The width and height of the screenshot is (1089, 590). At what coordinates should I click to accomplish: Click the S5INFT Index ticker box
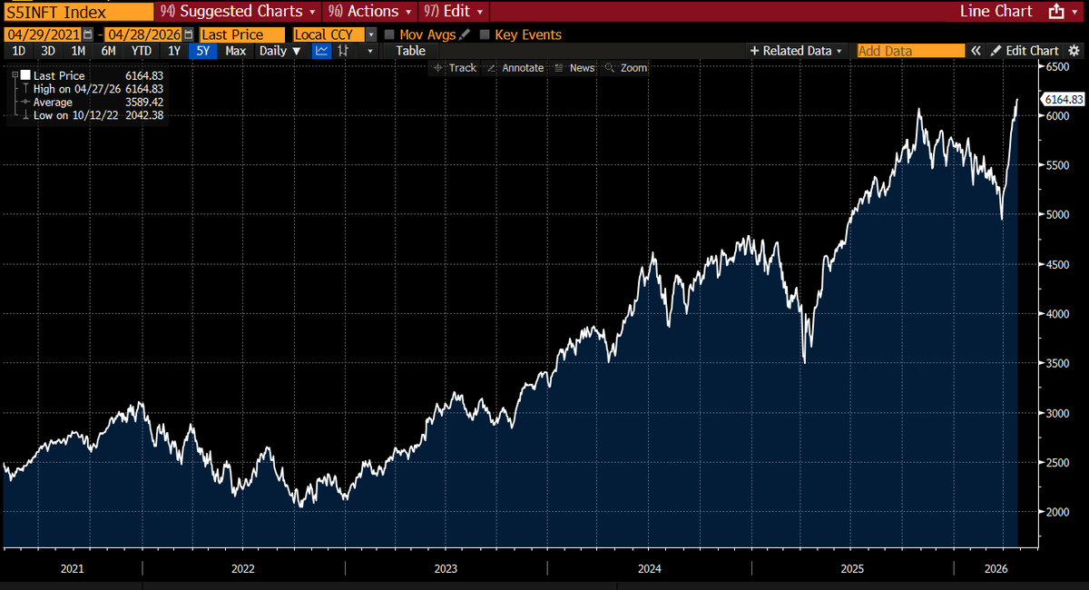tap(77, 12)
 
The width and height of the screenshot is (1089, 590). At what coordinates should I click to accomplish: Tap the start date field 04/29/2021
tap(44, 34)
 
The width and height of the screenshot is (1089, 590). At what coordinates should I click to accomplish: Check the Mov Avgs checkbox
tap(390, 34)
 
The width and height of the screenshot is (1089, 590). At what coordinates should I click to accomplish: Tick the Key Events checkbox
tap(485, 34)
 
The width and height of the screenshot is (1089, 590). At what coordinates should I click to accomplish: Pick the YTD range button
tap(141, 51)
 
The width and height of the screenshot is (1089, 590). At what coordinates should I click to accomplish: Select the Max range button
tap(235, 51)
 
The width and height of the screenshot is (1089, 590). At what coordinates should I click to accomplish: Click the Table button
tap(410, 51)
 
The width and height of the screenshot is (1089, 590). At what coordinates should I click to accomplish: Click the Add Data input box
tap(910, 51)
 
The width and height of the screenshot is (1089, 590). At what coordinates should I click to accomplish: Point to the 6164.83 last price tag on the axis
tap(1063, 99)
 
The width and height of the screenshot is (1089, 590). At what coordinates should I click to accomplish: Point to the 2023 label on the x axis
tap(446, 569)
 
